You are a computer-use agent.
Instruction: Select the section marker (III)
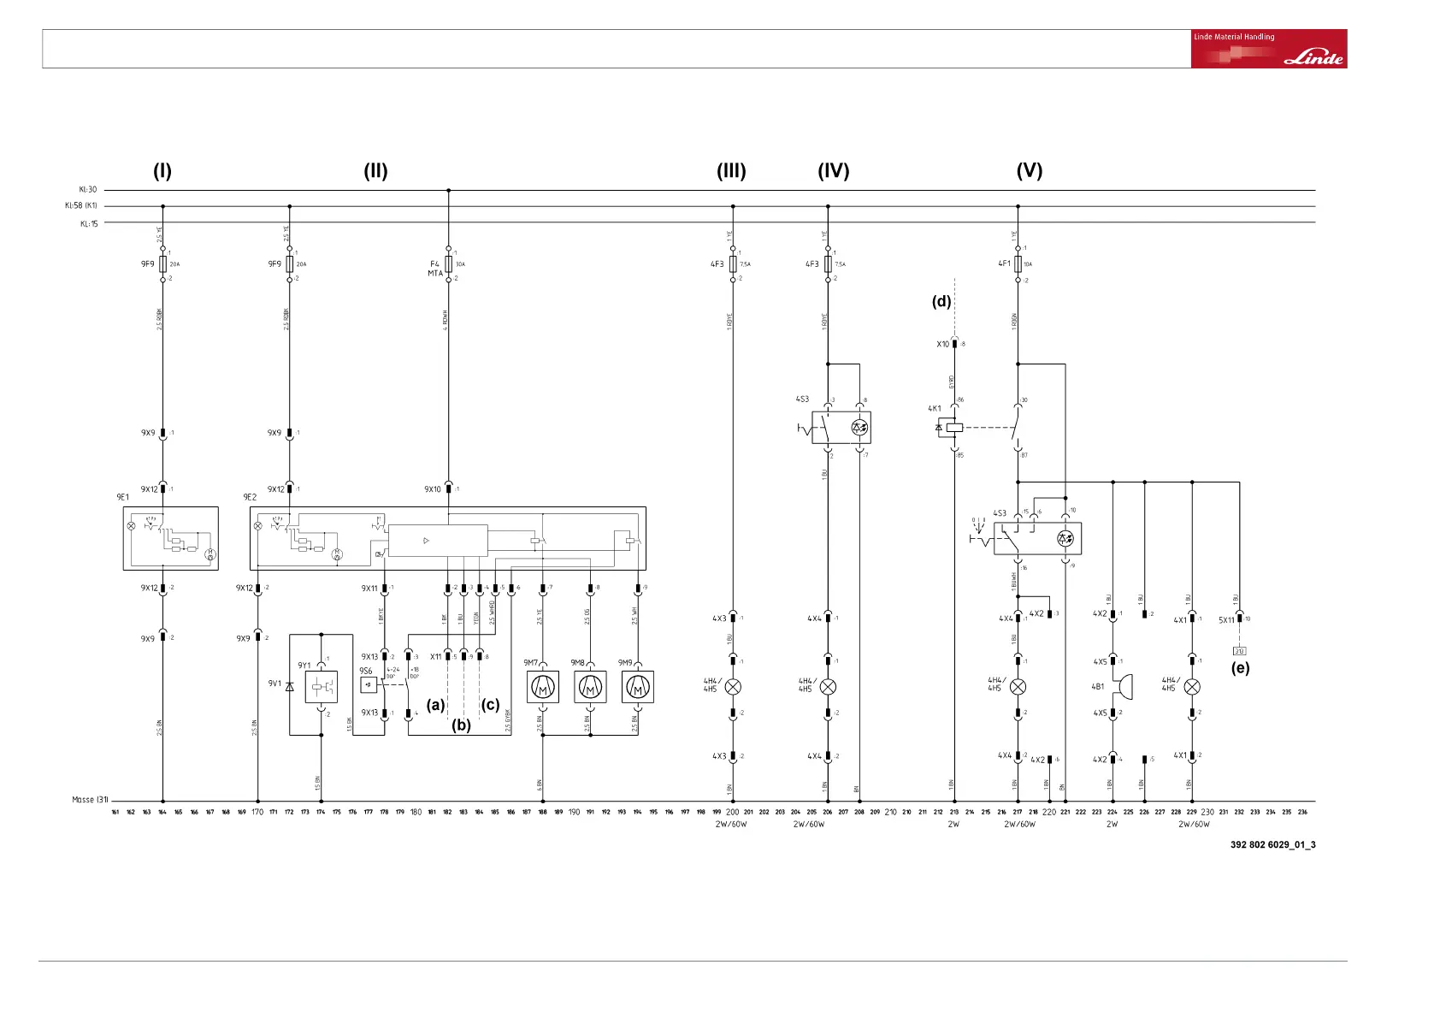tap(731, 171)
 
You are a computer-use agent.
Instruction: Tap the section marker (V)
tap(1029, 171)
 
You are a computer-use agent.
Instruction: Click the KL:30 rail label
tap(89, 190)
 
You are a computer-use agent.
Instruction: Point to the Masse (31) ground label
tap(90, 800)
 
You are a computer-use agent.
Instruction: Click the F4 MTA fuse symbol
tap(449, 264)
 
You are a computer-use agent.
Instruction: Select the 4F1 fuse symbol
tap(1018, 264)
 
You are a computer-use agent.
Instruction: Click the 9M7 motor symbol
tap(543, 687)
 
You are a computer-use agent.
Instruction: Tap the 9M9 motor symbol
tap(637, 687)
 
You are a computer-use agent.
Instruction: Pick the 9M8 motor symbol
tap(590, 687)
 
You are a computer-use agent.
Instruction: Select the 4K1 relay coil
tap(954, 427)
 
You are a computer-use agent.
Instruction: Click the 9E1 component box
tap(170, 538)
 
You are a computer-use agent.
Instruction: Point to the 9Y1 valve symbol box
tap(321, 687)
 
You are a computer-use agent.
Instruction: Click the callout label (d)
tap(941, 301)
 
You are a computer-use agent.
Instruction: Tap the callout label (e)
tap(1240, 668)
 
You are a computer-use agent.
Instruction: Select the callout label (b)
tap(462, 725)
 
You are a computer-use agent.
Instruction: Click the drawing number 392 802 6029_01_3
tap(1272, 845)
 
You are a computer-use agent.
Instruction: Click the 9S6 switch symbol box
tap(369, 685)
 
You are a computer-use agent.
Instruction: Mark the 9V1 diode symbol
tap(290, 687)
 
